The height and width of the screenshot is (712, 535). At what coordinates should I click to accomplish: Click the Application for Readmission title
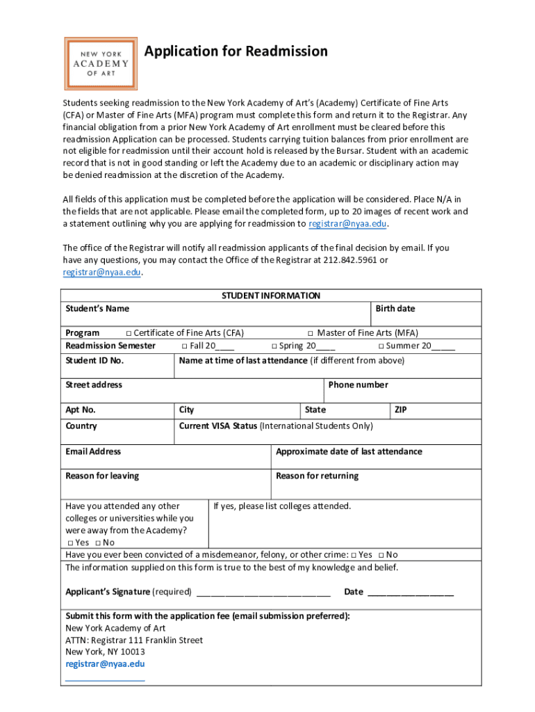point(236,51)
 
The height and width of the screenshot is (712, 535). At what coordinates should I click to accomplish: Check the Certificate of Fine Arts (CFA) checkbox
point(129,333)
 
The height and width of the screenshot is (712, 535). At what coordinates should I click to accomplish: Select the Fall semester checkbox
point(185,346)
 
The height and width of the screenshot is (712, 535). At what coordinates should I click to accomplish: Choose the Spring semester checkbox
point(274,346)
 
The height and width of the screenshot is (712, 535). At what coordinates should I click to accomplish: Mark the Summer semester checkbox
point(381,346)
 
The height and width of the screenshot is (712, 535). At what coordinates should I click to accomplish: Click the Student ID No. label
point(94,360)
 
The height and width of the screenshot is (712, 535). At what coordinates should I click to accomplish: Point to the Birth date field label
point(395,309)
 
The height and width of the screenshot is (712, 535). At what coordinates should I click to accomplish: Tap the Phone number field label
point(358,385)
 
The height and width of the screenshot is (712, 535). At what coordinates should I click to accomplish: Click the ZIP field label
point(400,410)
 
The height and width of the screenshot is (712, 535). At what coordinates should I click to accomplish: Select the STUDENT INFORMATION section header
point(271,296)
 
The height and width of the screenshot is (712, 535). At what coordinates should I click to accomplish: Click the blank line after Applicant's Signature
point(263,592)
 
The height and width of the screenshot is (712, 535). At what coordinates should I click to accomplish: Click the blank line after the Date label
point(410,592)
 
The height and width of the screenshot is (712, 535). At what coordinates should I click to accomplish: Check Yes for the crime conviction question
point(354,555)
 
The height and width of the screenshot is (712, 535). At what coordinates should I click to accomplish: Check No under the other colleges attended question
point(99,543)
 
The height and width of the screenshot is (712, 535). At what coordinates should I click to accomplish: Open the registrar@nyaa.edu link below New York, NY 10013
point(105,663)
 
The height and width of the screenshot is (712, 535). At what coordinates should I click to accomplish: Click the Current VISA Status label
point(218,426)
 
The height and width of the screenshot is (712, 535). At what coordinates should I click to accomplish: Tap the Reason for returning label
point(317,476)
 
